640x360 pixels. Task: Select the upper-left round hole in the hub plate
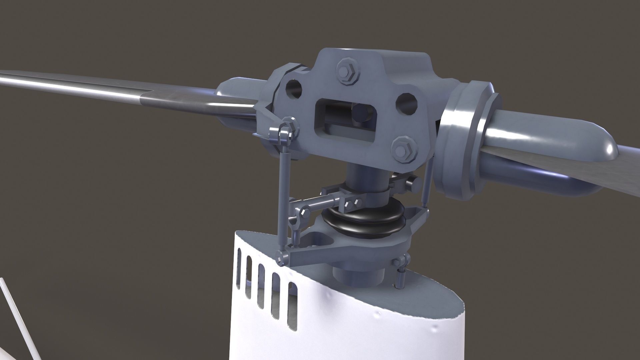click(293, 89)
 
